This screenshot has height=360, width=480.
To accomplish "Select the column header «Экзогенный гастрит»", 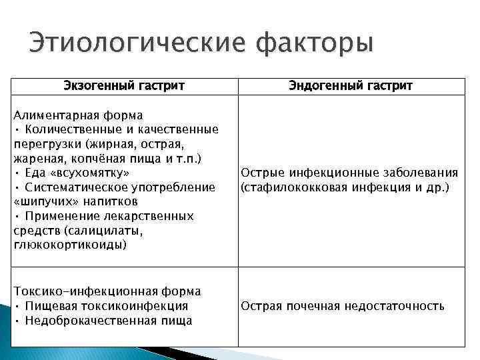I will [124, 86].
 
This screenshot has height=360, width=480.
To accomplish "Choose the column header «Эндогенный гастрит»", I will [351, 86].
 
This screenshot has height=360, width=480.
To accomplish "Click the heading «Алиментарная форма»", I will [79, 115].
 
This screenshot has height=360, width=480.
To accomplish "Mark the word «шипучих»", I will [43, 201].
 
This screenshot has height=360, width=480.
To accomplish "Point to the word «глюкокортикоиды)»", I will [69, 245].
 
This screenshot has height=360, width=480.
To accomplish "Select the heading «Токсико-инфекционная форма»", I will [107, 292].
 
